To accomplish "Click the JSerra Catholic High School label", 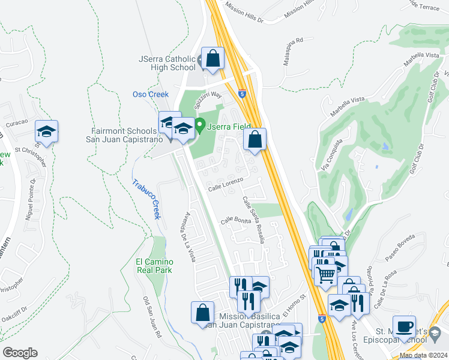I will tap(166, 63).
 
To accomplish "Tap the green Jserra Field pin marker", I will tap(200, 126).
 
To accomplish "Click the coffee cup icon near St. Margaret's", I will tap(404, 326).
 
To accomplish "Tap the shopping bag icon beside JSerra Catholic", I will tap(212, 58).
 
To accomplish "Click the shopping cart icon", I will tap(325, 274).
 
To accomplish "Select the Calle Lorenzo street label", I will tap(225, 184).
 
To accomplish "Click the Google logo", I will tap(20, 352).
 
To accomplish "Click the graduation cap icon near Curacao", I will tap(46, 130).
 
